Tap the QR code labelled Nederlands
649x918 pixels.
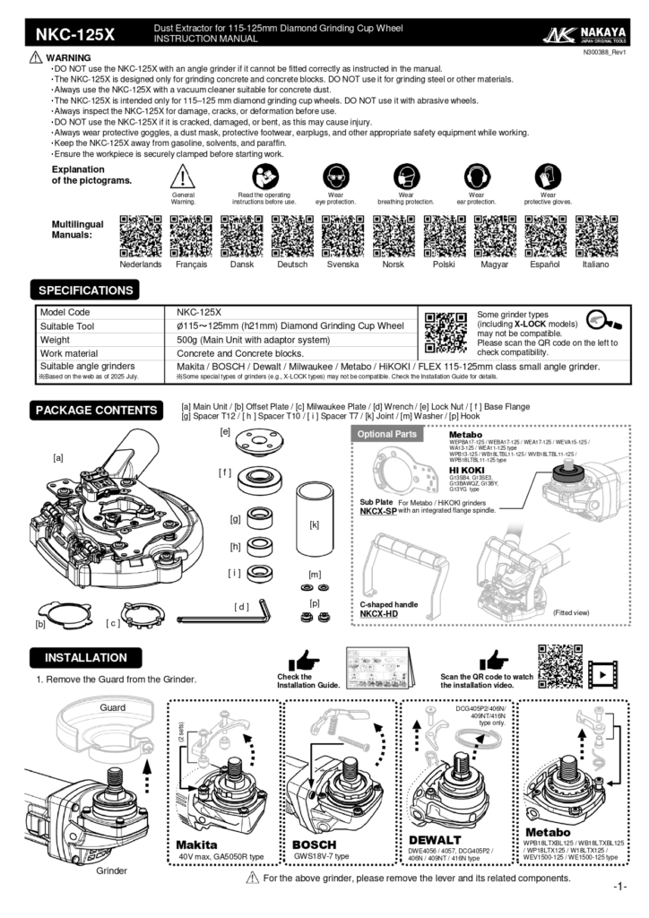tap(140, 237)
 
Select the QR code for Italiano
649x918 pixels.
tap(595, 237)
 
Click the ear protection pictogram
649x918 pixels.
tap(475, 176)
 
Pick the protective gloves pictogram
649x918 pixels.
tap(547, 176)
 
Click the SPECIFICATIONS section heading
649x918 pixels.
tap(85, 290)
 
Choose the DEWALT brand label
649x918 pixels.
tap(434, 839)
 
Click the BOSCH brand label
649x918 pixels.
tap(315, 844)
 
